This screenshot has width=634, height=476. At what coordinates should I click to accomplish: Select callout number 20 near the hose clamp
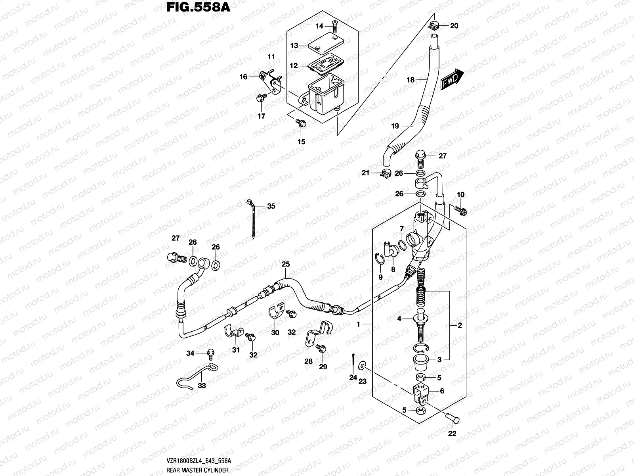click(x=454, y=26)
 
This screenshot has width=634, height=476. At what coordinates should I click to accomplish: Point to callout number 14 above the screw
click(x=319, y=26)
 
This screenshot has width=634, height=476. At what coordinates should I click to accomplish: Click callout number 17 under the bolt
click(x=262, y=116)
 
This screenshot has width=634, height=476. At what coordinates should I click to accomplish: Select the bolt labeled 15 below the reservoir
click(x=302, y=123)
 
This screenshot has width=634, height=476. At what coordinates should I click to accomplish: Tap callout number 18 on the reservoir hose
click(x=411, y=80)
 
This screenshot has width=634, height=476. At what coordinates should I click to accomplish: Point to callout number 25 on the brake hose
click(x=286, y=264)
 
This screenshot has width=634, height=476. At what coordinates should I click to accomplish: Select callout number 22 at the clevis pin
click(x=452, y=434)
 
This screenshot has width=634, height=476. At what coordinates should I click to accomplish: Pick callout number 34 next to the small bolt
click(x=191, y=353)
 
